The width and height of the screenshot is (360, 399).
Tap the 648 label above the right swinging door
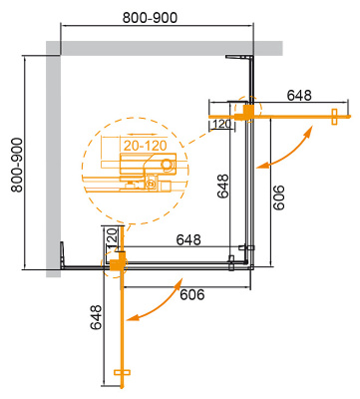(x=299, y=96)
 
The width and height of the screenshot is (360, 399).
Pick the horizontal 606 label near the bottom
(x=192, y=295)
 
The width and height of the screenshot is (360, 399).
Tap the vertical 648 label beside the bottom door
(x=96, y=317)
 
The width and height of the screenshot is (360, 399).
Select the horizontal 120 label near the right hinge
(x=221, y=124)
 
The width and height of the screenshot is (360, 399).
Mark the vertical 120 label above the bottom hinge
(x=113, y=239)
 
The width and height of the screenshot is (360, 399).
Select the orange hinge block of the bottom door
(x=118, y=262)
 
